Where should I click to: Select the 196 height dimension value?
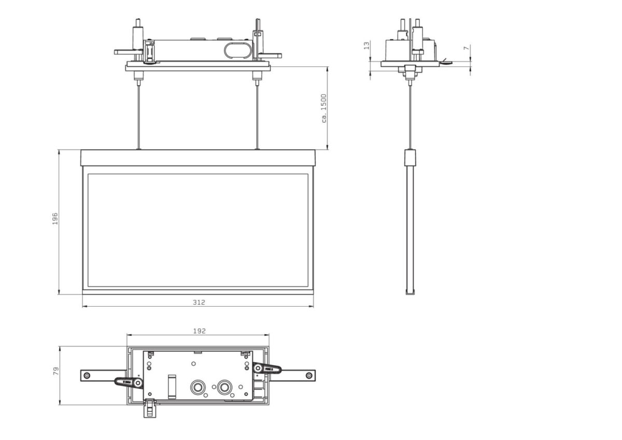(55, 218)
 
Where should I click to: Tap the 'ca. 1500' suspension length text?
(323, 108)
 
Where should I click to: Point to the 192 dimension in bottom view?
(200, 331)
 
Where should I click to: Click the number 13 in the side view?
(367, 46)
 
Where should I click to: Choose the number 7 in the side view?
(466, 48)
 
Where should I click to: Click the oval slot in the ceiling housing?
(236, 51)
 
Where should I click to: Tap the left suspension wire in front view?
(138, 114)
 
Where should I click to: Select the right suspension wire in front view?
(257, 114)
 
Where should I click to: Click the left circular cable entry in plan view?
(197, 387)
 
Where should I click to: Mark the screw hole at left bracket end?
(87, 375)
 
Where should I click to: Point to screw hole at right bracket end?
(309, 375)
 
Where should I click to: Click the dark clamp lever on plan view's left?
(129, 382)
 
